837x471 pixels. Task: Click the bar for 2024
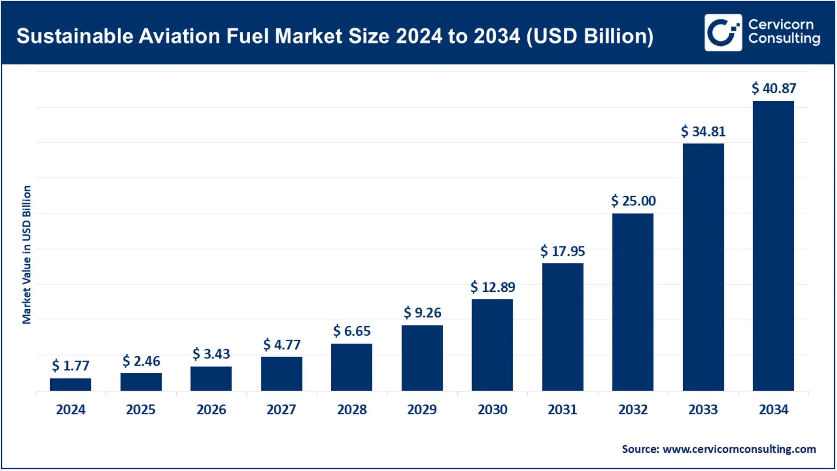[x=70, y=384]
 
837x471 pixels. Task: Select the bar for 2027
[x=281, y=374]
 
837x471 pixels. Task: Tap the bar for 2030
[x=492, y=345]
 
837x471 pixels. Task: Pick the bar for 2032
[x=633, y=302]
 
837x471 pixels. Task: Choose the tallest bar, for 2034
[x=773, y=246]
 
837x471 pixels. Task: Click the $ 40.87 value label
[x=774, y=89]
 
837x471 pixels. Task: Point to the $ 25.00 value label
[x=633, y=201]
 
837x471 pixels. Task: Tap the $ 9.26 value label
[x=422, y=313]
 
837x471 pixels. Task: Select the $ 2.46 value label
[x=141, y=361]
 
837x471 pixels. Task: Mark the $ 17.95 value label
[x=562, y=251]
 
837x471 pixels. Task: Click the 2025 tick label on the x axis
[x=141, y=410]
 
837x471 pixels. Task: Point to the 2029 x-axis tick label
[x=422, y=410]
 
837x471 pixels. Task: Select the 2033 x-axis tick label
[x=703, y=410]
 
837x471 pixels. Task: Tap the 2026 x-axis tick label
[x=211, y=410]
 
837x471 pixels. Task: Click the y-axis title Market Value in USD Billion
[x=27, y=255]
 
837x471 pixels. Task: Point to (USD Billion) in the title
[x=590, y=36]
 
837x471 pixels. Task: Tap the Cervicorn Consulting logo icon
[x=723, y=33]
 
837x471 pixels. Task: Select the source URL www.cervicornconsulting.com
[x=739, y=449]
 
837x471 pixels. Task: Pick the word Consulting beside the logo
[x=784, y=39]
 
